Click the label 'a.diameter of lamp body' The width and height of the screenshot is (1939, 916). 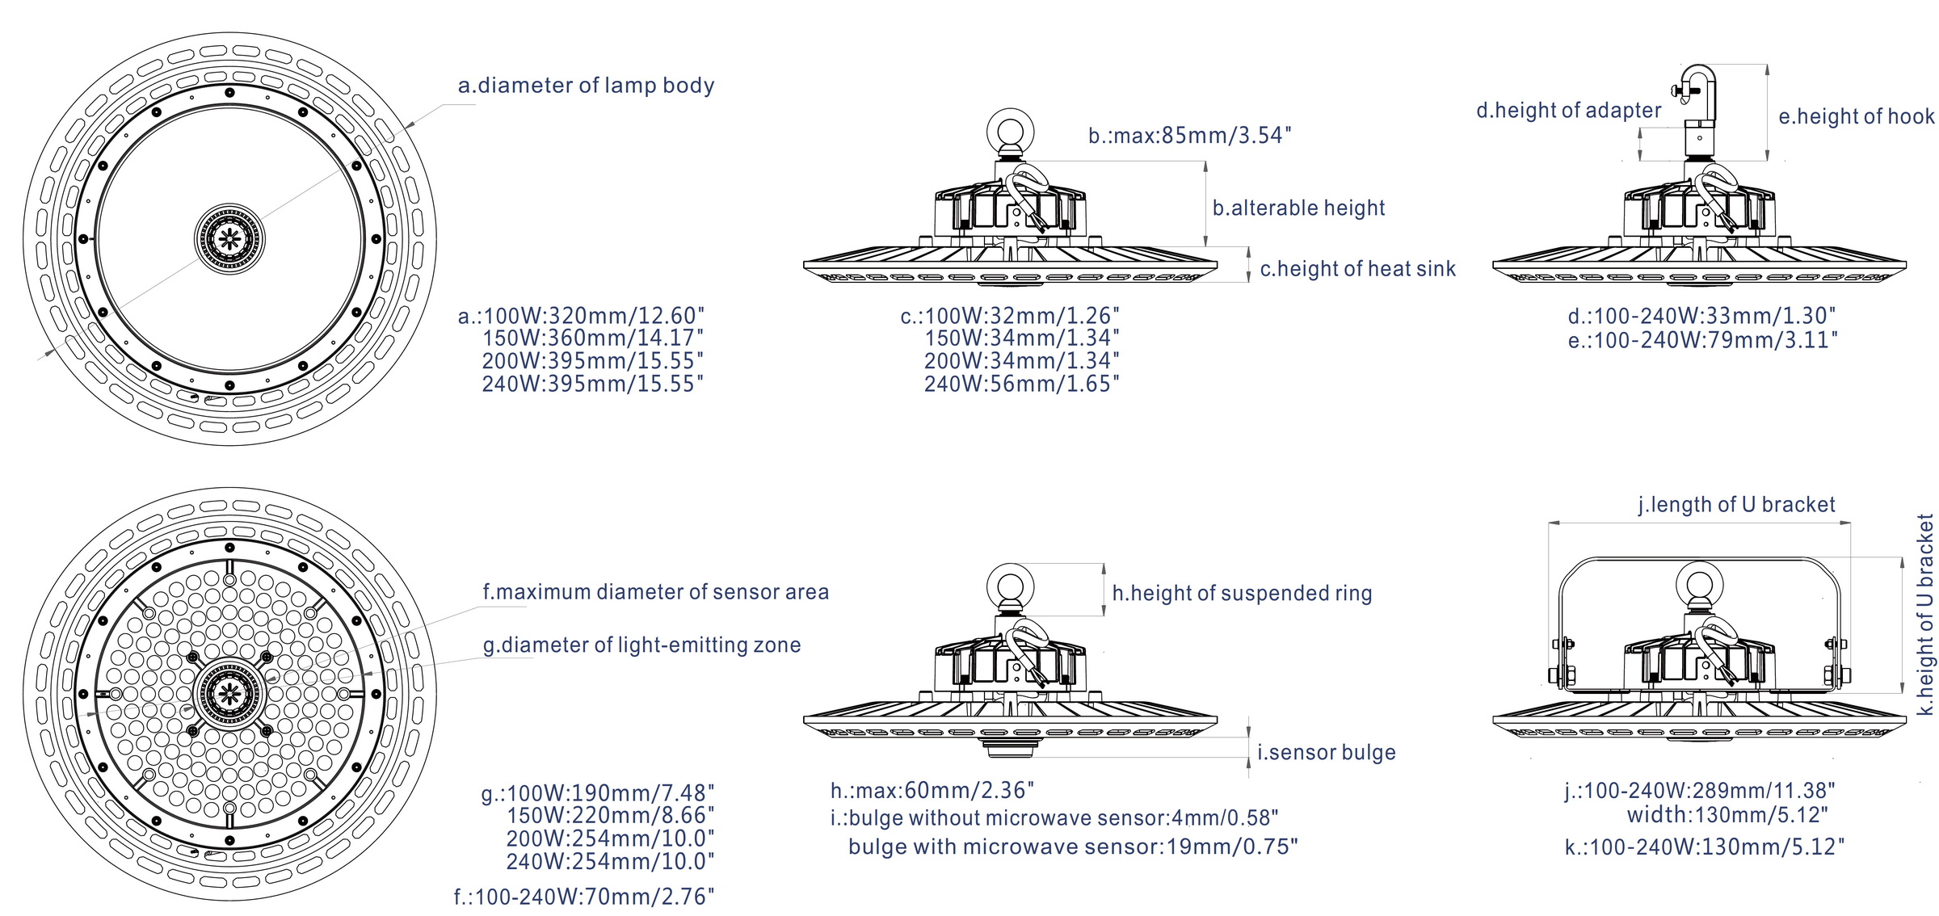(x=586, y=86)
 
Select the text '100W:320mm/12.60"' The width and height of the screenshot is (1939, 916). (x=594, y=316)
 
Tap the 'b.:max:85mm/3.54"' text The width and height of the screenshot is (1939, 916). (x=1189, y=136)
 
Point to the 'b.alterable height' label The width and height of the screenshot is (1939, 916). (x=1298, y=208)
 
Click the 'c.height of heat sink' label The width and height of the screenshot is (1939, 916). (x=1357, y=269)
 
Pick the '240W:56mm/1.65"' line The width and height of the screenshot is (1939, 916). (x=1022, y=384)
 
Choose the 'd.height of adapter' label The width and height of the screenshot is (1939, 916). (x=1568, y=111)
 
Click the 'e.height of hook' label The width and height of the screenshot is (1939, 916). (x=1857, y=117)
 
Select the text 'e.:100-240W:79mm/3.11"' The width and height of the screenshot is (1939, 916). (x=1702, y=340)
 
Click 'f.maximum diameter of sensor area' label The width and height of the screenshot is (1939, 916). (x=655, y=592)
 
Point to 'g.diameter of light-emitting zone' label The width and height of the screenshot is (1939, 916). (x=641, y=645)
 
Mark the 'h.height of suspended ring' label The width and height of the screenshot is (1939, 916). (x=1242, y=594)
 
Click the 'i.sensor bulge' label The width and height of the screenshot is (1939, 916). (x=1326, y=753)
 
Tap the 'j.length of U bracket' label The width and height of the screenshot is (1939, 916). (x=1736, y=505)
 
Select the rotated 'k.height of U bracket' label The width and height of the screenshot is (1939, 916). (x=1925, y=614)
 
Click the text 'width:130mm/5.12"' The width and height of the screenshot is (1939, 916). (x=1727, y=815)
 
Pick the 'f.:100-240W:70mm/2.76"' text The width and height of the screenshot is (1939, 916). (x=584, y=897)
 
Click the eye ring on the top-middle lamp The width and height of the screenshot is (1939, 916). (x=1010, y=131)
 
